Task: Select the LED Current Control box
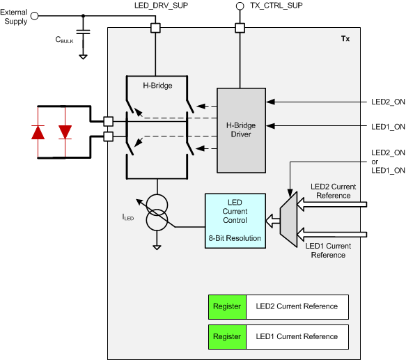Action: coord(235,219)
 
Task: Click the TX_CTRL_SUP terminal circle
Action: coord(240,6)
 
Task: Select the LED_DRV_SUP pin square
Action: coord(155,28)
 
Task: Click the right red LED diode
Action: coord(65,132)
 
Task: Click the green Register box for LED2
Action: coord(227,306)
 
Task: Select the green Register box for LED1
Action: coord(227,336)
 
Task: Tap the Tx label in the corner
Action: coord(345,39)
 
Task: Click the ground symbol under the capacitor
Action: coord(83,55)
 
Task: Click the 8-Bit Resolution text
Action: coord(235,238)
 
